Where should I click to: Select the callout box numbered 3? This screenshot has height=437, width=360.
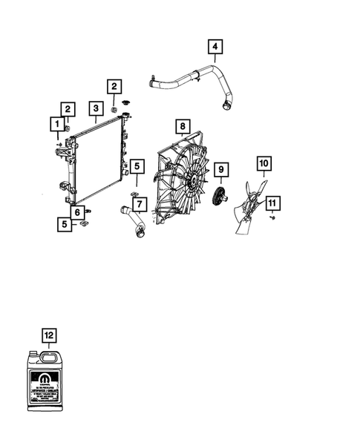click(96, 109)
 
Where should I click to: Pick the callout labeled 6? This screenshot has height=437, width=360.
click(77, 212)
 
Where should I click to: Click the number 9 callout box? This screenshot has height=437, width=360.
click(220, 170)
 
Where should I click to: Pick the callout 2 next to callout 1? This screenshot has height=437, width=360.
click(68, 108)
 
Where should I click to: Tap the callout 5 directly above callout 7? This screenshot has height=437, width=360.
click(137, 167)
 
